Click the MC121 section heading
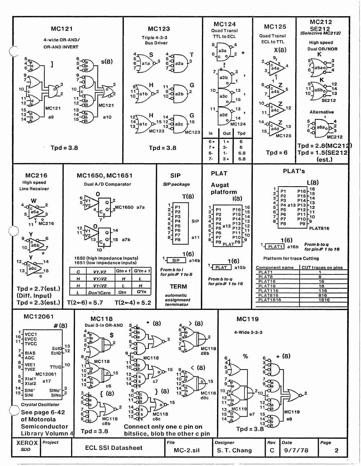pyautogui.click(x=62, y=29)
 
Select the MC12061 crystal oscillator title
pyautogui.click(x=39, y=317)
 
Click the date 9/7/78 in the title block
pyautogui.click(x=296, y=450)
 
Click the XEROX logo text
pyautogui.click(x=27, y=443)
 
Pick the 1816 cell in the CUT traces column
pyautogui.click(x=324, y=300)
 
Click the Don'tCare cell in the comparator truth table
pyautogui.click(x=99, y=293)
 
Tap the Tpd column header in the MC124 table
pyautogui.click(x=241, y=133)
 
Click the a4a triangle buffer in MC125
pyautogui.click(x=276, y=68)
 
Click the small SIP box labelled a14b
pyautogui.click(x=176, y=260)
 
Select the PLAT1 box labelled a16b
pyautogui.click(x=274, y=247)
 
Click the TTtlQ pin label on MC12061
pyautogui.click(x=55, y=367)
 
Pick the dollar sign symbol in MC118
pyautogui.click(x=111, y=335)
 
